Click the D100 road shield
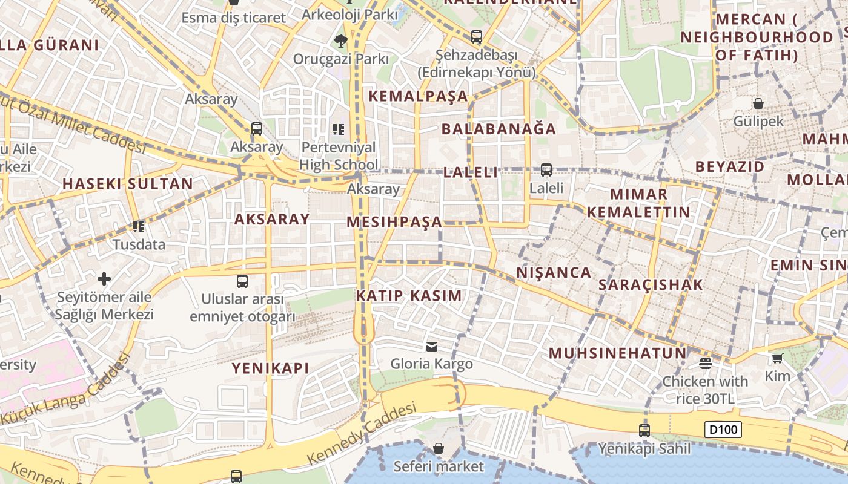(723, 430)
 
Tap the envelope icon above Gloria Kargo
(432, 346)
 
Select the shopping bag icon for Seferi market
(438, 448)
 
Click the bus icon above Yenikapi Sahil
(644, 431)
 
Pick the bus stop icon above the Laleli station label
(546, 170)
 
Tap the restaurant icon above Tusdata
(139, 227)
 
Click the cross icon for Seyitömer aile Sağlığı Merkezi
(104, 279)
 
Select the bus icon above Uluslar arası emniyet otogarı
(242, 281)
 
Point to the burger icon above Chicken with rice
(705, 364)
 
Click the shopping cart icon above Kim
(778, 359)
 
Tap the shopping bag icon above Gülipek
(758, 103)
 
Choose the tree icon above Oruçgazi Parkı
(340, 41)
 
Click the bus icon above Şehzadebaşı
(477, 37)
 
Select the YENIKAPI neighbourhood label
(270, 368)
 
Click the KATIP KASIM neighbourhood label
(409, 296)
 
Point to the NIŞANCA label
(554, 273)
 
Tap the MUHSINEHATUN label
(618, 353)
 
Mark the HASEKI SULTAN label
(128, 184)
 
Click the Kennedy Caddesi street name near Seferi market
(362, 434)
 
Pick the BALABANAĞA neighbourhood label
(499, 129)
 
